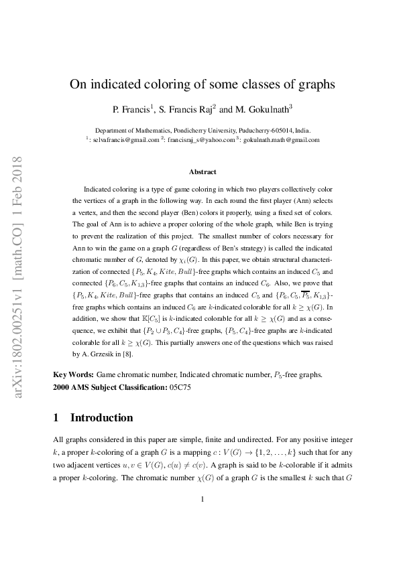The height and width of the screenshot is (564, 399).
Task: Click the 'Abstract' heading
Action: point(203,171)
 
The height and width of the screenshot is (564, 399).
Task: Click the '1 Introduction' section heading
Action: point(93,418)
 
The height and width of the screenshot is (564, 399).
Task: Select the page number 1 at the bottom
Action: point(202,517)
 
